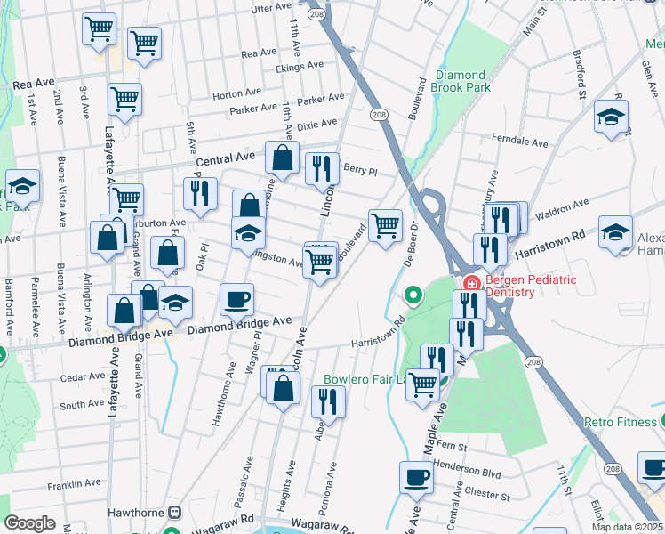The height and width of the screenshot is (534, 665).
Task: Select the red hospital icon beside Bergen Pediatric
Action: pyautogui.click(x=470, y=284)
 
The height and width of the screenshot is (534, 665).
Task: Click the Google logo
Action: pyautogui.click(x=29, y=523)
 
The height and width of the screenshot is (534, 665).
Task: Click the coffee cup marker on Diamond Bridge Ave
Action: pyautogui.click(x=236, y=300)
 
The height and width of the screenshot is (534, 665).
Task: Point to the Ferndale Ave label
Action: pyautogui.click(x=519, y=141)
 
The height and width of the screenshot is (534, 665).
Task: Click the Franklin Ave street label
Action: pyautogui.click(x=75, y=484)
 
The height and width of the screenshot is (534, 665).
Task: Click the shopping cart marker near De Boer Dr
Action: pyautogui.click(x=385, y=225)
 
